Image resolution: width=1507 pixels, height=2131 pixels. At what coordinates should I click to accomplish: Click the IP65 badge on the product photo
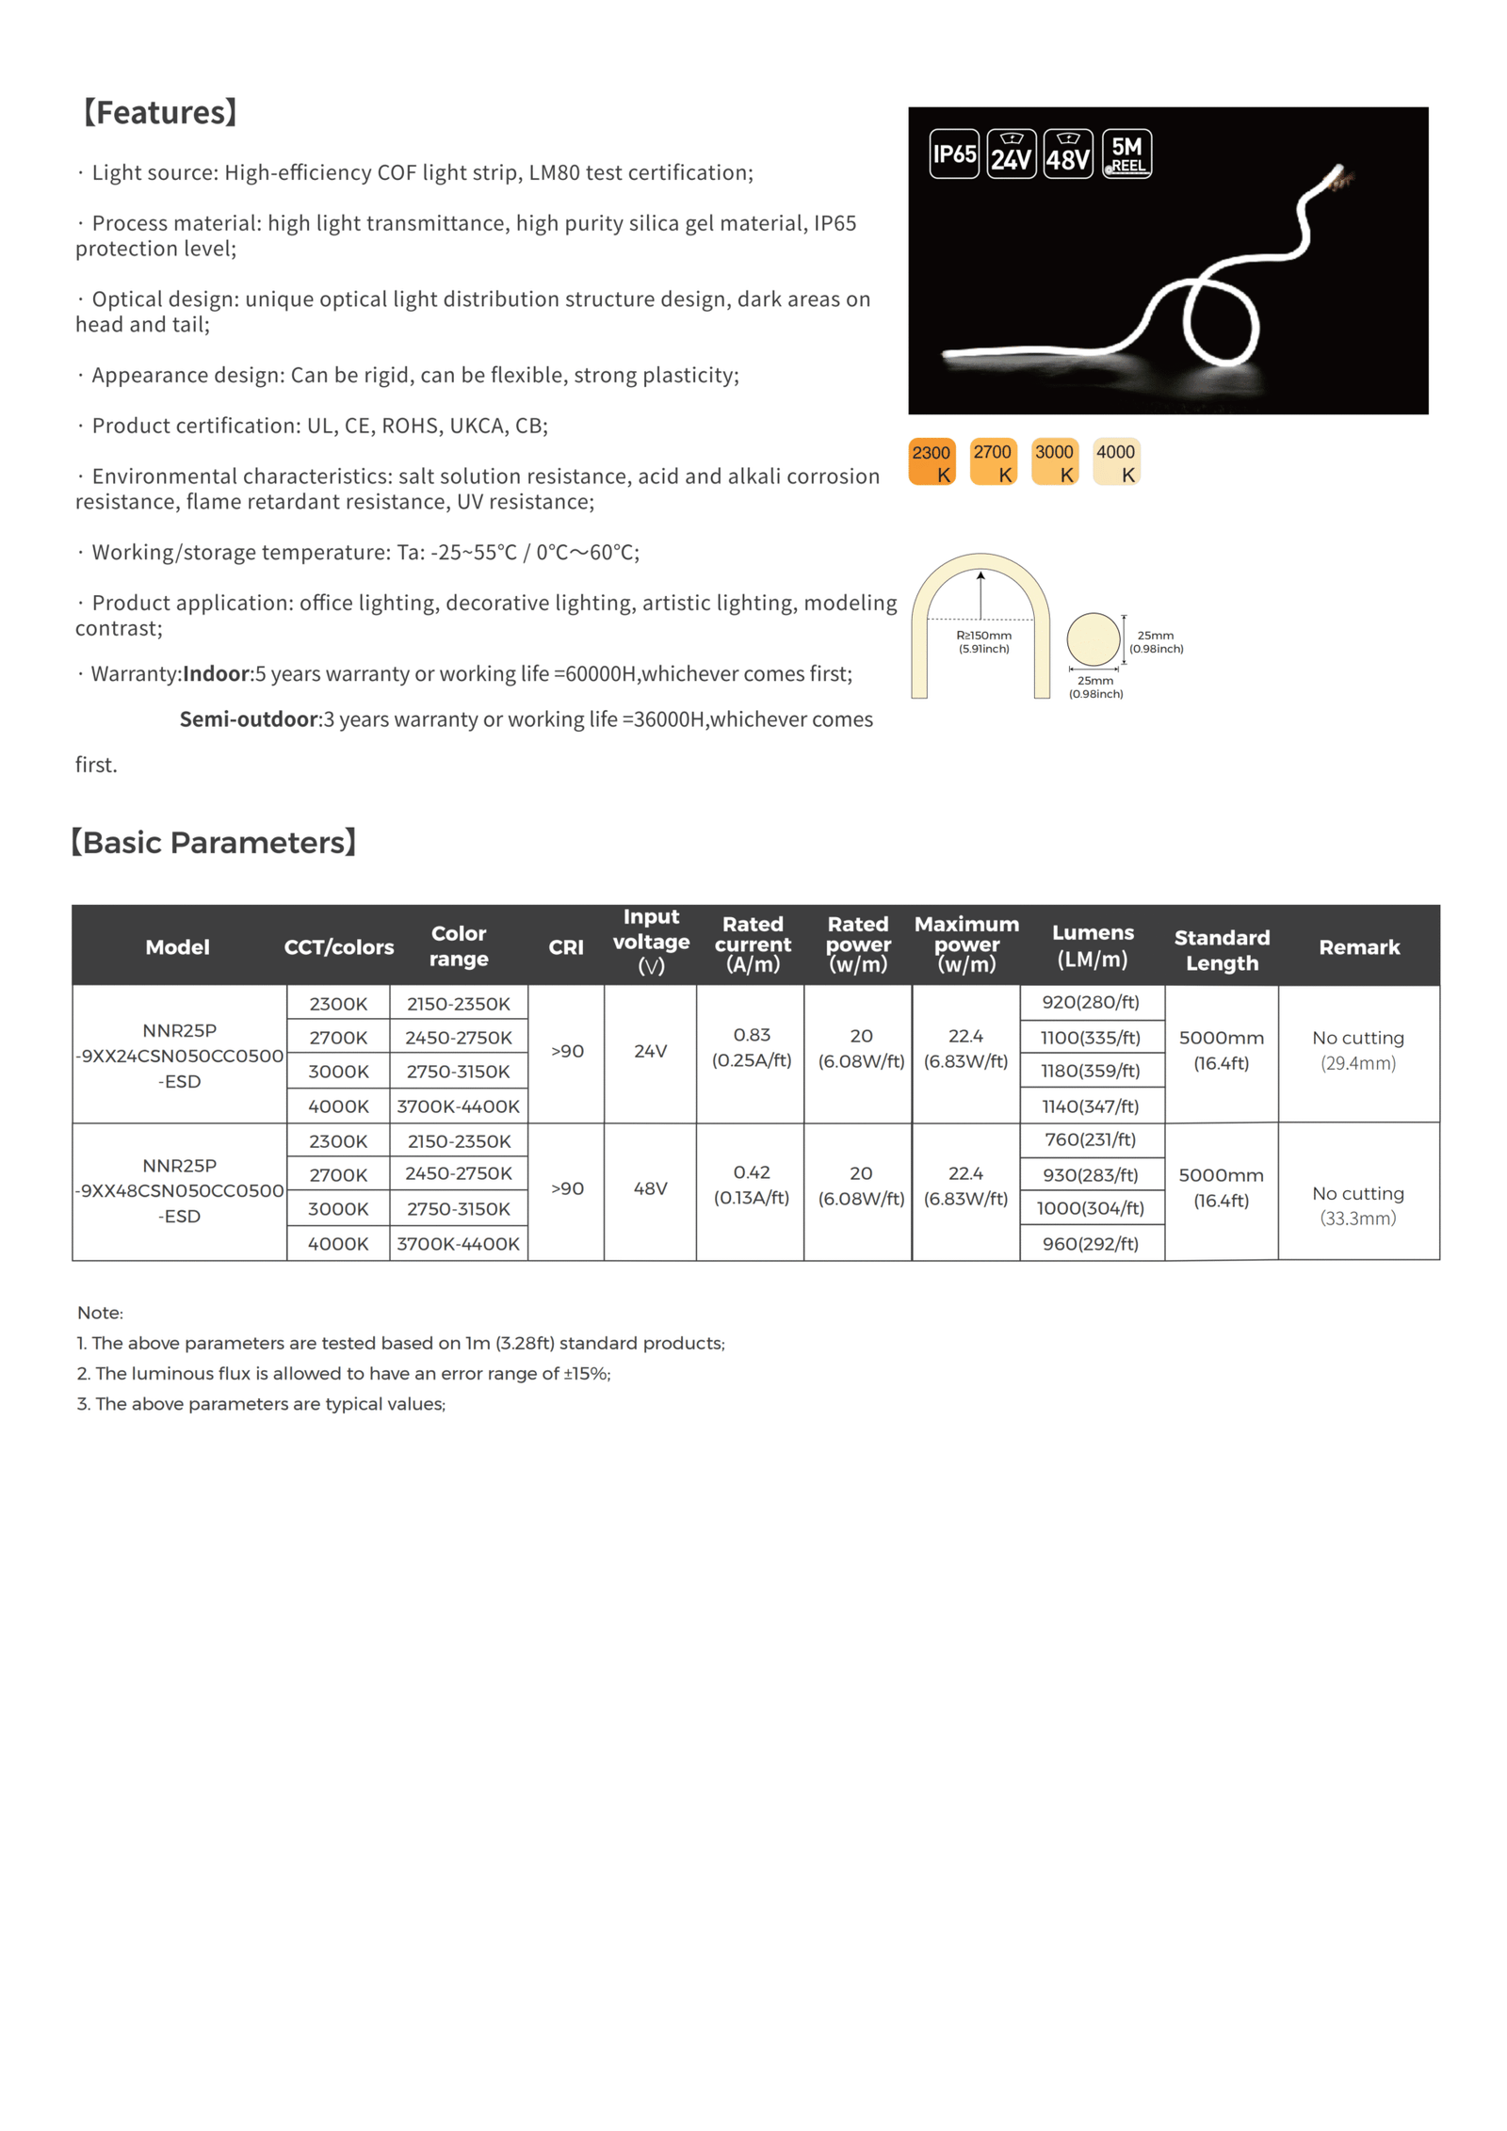pyautogui.click(x=953, y=153)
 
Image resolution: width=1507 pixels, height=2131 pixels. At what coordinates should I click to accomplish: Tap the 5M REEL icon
pyautogui.click(x=1126, y=153)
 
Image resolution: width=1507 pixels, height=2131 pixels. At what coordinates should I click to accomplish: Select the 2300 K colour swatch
pyautogui.click(x=931, y=461)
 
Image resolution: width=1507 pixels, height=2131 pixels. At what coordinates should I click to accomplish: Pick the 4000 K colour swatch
pyautogui.click(x=1115, y=461)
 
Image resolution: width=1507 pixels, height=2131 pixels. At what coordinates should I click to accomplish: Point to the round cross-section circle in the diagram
pyautogui.click(x=1093, y=638)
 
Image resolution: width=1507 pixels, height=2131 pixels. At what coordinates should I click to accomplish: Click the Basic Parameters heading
pyautogui.click(x=215, y=842)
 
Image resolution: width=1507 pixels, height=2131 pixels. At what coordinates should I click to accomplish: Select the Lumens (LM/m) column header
pyautogui.click(x=1092, y=944)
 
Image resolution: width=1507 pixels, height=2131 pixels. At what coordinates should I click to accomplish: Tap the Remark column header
pyautogui.click(x=1358, y=946)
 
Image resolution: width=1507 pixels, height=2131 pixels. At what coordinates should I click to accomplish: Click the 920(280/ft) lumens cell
pyautogui.click(x=1090, y=1002)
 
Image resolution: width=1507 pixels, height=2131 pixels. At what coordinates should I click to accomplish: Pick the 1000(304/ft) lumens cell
pyautogui.click(x=1090, y=1207)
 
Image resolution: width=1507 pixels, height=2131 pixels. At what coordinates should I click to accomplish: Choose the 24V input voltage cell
pyautogui.click(x=650, y=1050)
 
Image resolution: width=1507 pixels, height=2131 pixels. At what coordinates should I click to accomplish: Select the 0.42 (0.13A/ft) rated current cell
pyautogui.click(x=751, y=1184)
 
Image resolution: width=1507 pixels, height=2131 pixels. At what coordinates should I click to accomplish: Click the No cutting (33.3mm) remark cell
pyautogui.click(x=1357, y=1204)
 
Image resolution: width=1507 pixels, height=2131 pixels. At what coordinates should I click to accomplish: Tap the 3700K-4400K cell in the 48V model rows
pyautogui.click(x=458, y=1243)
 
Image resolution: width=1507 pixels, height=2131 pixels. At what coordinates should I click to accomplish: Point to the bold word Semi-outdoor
pyautogui.click(x=249, y=718)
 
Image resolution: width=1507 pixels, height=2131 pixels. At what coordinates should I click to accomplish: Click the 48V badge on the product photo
pyautogui.click(x=1067, y=153)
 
